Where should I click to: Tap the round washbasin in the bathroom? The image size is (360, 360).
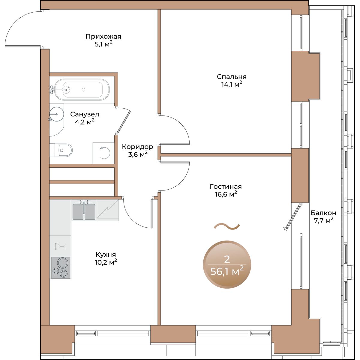pyautogui.click(x=56, y=114)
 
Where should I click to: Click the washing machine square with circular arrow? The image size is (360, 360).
pyautogui.click(x=104, y=153)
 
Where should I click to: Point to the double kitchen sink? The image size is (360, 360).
pyautogui.click(x=84, y=210)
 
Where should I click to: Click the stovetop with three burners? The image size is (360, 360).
pyautogui.click(x=60, y=268)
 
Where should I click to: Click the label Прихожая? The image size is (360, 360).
pyautogui.click(x=103, y=37)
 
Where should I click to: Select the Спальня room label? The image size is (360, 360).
pyautogui.click(x=232, y=77)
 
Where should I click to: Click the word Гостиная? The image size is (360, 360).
pyautogui.click(x=226, y=186)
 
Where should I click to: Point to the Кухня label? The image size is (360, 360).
pyautogui.click(x=106, y=255)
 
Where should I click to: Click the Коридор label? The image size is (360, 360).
pyautogui.click(x=137, y=147)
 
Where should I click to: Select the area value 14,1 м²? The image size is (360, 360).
pyautogui.click(x=232, y=84)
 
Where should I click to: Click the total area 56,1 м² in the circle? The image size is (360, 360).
pyautogui.click(x=227, y=271)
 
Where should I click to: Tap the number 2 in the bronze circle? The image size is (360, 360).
pyautogui.click(x=227, y=259)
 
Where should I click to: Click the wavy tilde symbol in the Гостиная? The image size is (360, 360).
pyautogui.click(x=226, y=226)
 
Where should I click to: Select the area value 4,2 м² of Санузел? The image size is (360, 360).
pyautogui.click(x=85, y=122)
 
